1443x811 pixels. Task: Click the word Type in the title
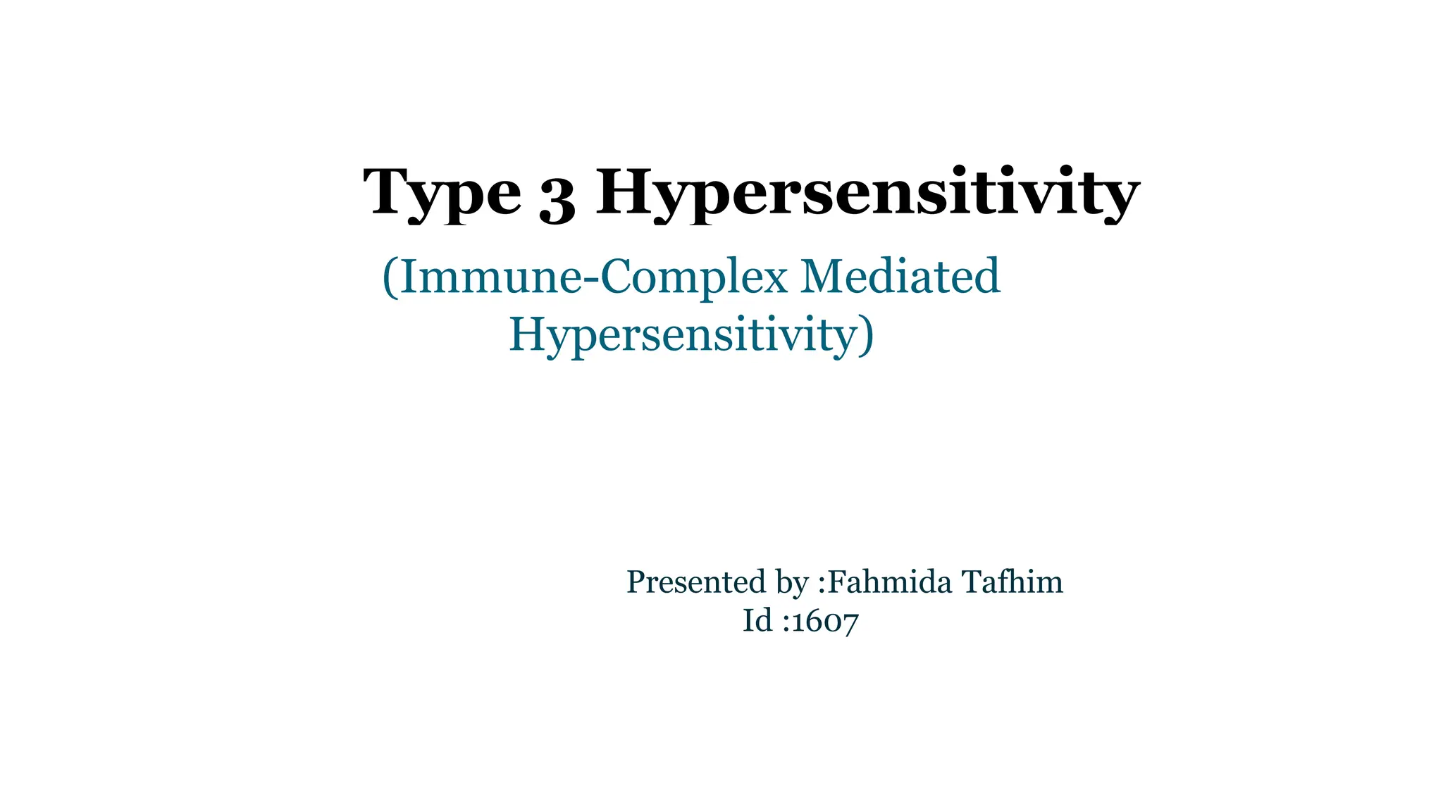(x=442, y=193)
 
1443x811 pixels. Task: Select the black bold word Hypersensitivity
(x=867, y=193)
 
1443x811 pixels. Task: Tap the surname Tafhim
(x=1012, y=582)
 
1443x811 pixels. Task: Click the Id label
(x=757, y=621)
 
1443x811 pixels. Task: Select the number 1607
(x=825, y=622)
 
